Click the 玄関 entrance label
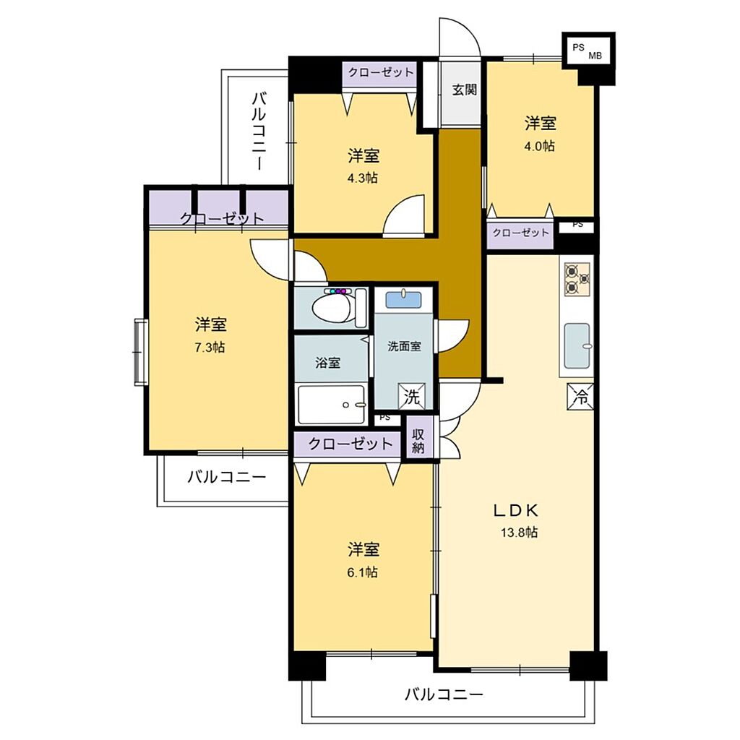tap(465, 90)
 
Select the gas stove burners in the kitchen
tap(577, 279)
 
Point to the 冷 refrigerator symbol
tap(580, 397)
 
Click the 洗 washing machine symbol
tap(411, 397)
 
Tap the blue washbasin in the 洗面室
tap(403, 300)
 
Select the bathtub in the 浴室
tap(331, 405)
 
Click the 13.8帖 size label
tap(519, 533)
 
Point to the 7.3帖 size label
tap(210, 348)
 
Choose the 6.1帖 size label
tap(363, 572)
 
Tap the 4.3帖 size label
tap(363, 178)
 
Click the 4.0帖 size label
tap(539, 146)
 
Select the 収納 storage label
tap(418, 442)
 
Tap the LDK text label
tap(516, 510)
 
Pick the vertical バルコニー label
tap(259, 131)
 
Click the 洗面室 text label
tap(404, 346)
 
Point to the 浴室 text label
tap(327, 363)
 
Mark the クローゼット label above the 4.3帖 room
tap(380, 73)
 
